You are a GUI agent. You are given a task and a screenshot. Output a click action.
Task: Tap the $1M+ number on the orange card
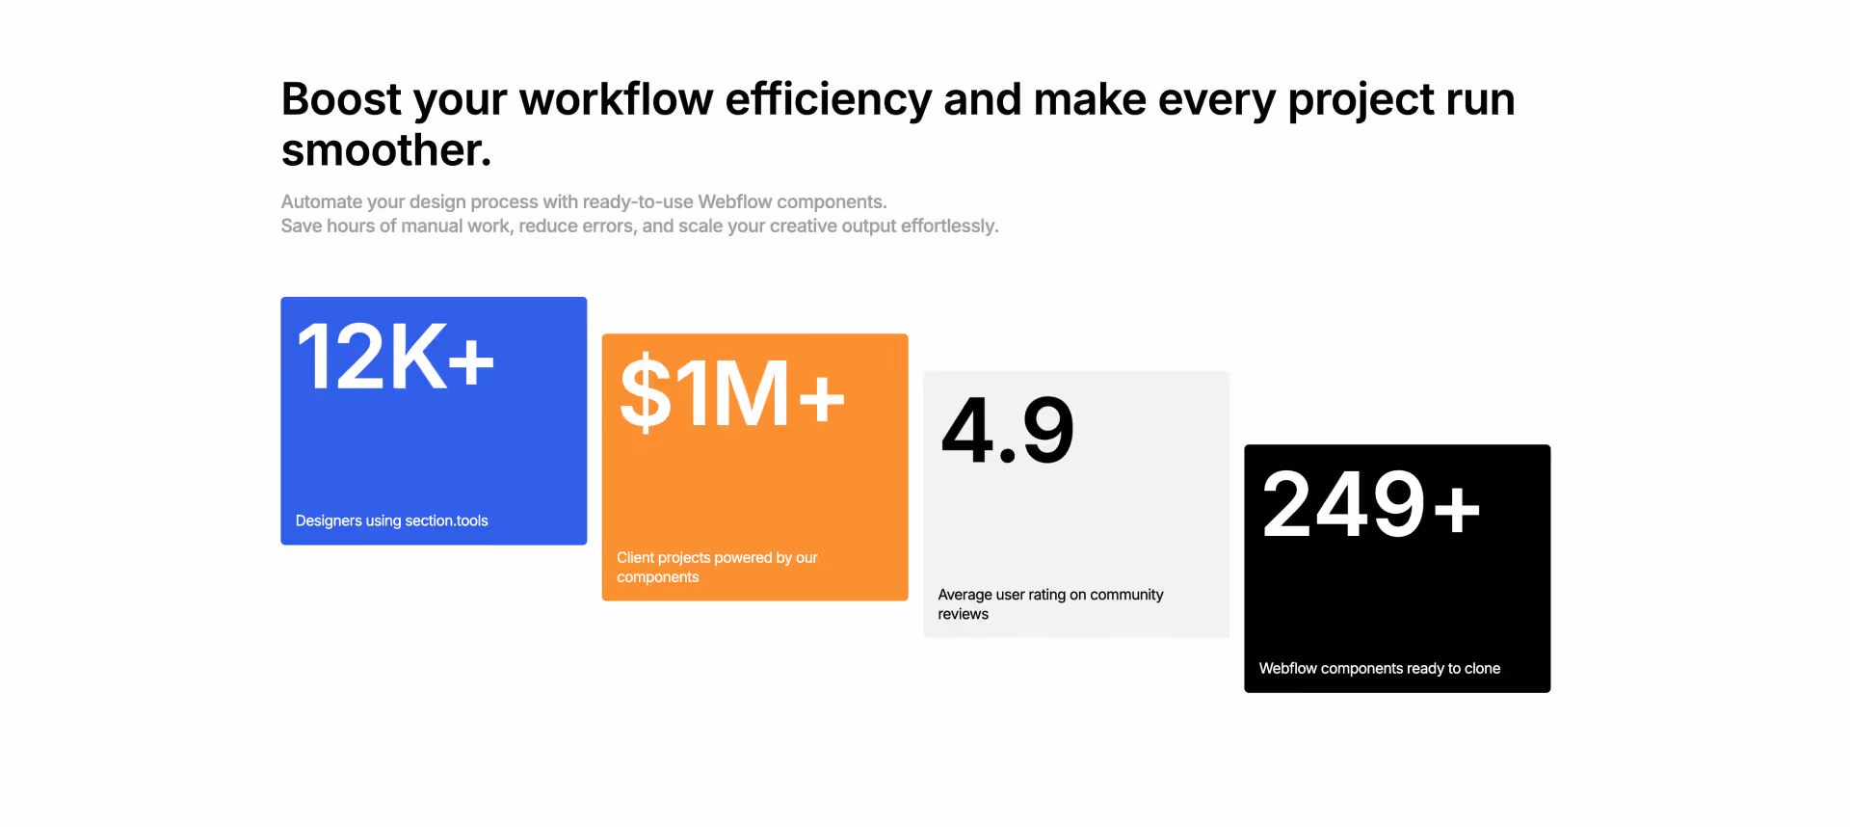732,393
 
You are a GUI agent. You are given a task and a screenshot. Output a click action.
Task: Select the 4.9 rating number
1007,430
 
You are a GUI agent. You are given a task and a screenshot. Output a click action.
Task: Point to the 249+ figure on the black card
1370,504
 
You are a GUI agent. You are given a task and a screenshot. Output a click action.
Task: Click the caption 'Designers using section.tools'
391,520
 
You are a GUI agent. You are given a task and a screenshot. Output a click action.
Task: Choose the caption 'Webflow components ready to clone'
1379,668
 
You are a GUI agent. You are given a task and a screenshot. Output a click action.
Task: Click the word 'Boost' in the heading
341,99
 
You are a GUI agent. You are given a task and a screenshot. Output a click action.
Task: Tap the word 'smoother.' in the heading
386,150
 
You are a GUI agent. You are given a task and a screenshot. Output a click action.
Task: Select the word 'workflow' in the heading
616,99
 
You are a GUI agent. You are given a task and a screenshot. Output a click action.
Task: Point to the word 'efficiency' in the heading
829,99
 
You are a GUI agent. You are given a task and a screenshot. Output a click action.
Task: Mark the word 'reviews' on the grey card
963,614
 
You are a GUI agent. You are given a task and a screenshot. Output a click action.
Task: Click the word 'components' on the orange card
657,577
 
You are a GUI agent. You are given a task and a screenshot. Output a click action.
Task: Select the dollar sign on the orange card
645,393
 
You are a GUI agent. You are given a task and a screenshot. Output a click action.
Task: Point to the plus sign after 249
1457,508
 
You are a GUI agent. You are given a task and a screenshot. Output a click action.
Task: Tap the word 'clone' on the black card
1482,668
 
